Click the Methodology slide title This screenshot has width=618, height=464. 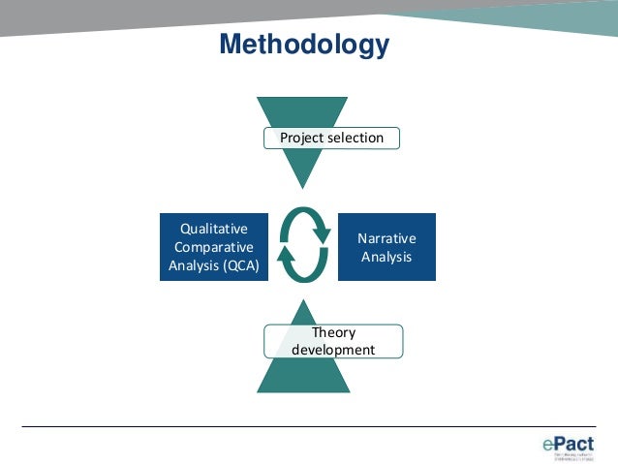(303, 45)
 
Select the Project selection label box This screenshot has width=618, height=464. (331, 138)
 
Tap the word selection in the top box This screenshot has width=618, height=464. (355, 138)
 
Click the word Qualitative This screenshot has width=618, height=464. (214, 229)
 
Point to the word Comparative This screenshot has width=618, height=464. (214, 247)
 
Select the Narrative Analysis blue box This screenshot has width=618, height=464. (386, 247)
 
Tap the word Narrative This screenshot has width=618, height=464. (386, 238)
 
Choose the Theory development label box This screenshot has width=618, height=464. (332, 341)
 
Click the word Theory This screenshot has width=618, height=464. (332, 332)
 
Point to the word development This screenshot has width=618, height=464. (332, 350)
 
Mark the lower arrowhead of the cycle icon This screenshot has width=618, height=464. (287, 256)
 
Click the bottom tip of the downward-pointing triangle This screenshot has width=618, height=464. (302, 188)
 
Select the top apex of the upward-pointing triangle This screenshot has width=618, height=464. (302, 300)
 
